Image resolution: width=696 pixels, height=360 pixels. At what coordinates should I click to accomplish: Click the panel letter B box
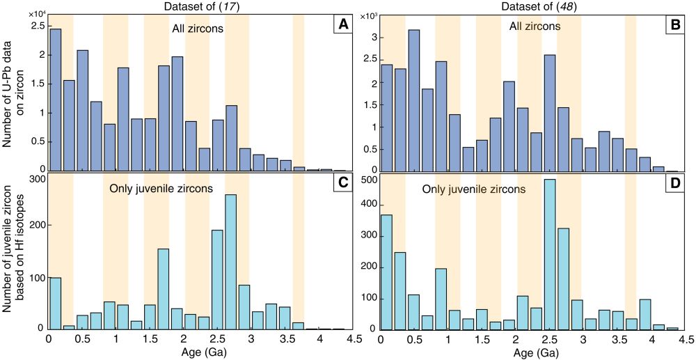coord(674,25)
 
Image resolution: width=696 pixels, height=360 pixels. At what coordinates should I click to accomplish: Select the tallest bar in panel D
coord(550,254)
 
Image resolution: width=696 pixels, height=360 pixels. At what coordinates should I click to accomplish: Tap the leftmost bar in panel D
coord(387,272)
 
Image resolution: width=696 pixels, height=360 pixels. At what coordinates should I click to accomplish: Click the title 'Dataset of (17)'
coord(189,6)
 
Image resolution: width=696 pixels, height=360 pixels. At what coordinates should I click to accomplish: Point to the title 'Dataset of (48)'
coord(523,6)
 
